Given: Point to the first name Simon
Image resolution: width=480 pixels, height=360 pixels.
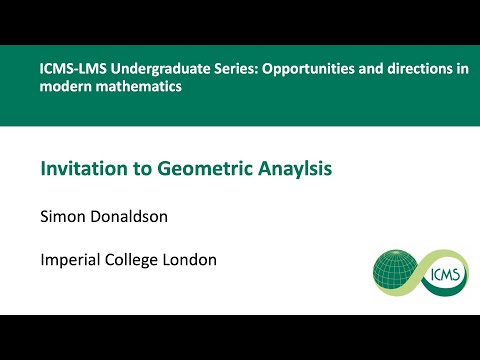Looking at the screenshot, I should click(62, 216).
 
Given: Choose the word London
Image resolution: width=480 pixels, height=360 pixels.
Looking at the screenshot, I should click(194, 260).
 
